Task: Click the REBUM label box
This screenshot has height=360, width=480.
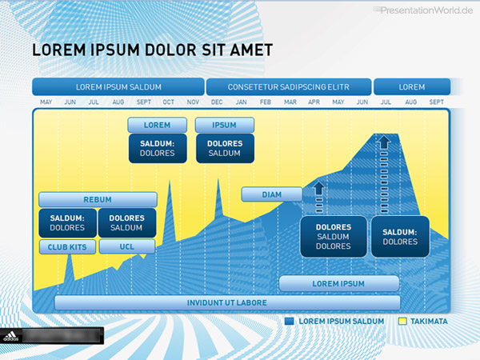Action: pyautogui.click(x=98, y=199)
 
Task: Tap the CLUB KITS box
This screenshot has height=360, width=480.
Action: pyautogui.click(x=67, y=246)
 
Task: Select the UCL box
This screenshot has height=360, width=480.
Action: pyautogui.click(x=127, y=246)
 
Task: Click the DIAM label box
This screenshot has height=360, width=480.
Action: pyautogui.click(x=272, y=194)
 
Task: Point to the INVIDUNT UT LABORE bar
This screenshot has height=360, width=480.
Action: pyautogui.click(x=227, y=302)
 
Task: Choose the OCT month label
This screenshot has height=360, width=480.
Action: pyautogui.click(x=168, y=102)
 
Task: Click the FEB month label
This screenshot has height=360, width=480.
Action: pyautogui.click(x=266, y=102)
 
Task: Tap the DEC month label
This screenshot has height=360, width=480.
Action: pyautogui.click(x=217, y=102)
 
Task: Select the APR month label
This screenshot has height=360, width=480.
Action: pyautogui.click(x=314, y=102)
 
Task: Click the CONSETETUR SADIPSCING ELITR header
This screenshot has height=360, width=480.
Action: pyautogui.click(x=289, y=87)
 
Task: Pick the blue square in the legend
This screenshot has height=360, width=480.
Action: pyautogui.click(x=289, y=321)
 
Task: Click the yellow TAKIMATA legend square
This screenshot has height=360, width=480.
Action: pyautogui.click(x=402, y=321)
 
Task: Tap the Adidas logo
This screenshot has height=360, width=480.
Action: pyautogui.click(x=11, y=336)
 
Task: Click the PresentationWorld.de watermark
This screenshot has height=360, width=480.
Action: pyautogui.click(x=423, y=10)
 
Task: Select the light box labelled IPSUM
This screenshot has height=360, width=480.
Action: pyautogui.click(x=225, y=125)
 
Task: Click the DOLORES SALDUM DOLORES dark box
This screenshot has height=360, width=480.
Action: pyautogui.click(x=334, y=237)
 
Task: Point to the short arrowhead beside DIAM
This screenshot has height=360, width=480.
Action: pyautogui.click(x=319, y=188)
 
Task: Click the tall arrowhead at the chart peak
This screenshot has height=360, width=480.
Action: pyautogui.click(x=384, y=142)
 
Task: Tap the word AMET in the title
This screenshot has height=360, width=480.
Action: pyautogui.click(x=251, y=50)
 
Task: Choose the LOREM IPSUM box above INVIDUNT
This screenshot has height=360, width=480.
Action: pyautogui.click(x=339, y=283)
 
